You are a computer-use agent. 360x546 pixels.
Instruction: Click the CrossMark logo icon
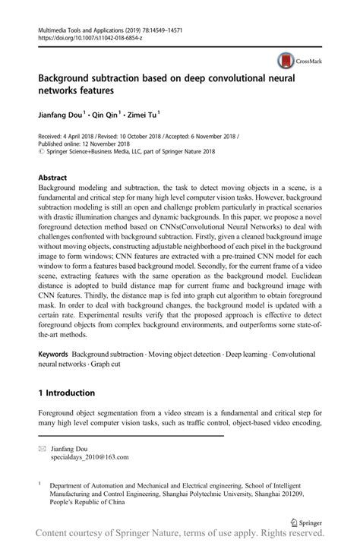click(x=287, y=60)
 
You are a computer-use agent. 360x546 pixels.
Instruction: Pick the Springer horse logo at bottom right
click(x=295, y=502)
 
